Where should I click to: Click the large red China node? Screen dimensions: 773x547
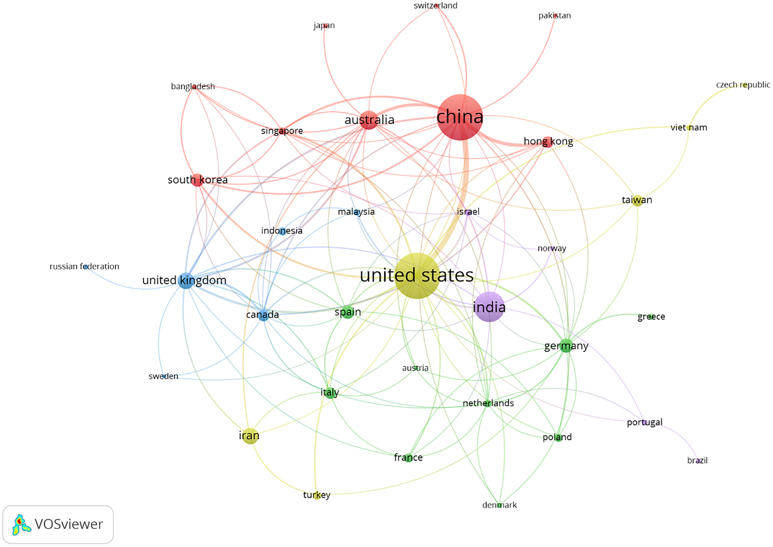[460, 117]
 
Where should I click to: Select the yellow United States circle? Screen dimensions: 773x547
[417, 276]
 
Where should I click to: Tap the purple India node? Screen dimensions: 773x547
[489, 307]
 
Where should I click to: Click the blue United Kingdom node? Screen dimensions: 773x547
[186, 280]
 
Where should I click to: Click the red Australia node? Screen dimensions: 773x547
[369, 120]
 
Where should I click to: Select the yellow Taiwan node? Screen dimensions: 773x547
[637, 201]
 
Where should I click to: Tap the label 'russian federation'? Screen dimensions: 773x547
[84, 266]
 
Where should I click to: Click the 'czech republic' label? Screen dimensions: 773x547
[743, 85]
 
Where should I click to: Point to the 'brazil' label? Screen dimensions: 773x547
[697, 460]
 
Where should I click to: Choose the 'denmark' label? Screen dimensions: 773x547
[499, 505]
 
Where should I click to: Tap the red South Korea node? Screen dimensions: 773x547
[198, 180]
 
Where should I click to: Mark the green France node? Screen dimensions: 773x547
[408, 457]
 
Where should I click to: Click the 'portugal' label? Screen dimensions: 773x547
[644, 422]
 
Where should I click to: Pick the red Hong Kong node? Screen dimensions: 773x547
[548, 142]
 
